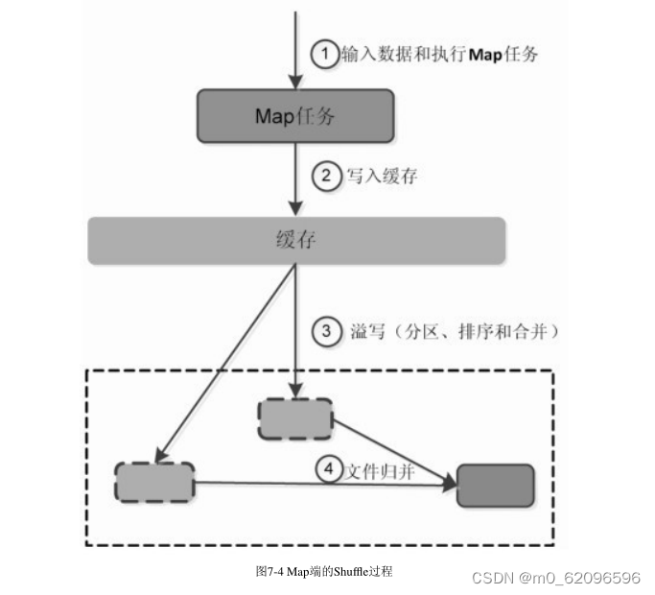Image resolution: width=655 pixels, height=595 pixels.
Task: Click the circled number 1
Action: pos(324,55)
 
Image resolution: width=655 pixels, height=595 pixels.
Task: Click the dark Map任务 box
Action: pos(295,115)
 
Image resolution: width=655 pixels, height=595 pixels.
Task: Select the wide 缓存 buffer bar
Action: pos(296,240)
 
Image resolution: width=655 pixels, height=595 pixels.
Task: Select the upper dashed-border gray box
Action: pos(295,419)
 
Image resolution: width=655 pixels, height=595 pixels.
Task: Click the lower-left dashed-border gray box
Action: pos(153,483)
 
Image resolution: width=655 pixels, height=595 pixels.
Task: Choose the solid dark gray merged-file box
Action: pos(495,485)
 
